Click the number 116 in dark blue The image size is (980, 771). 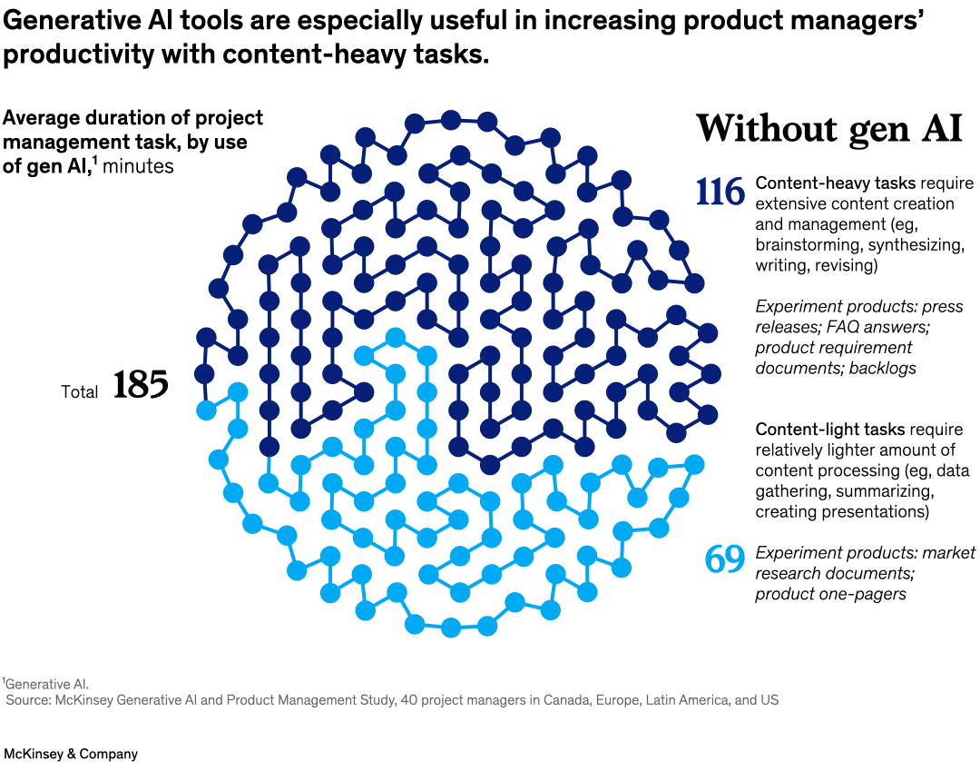point(720,192)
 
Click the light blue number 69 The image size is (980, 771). point(725,560)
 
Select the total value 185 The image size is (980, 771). point(141,385)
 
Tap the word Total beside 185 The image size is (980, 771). point(80,392)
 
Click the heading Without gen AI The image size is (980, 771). point(828,128)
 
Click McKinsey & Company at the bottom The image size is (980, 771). point(71,754)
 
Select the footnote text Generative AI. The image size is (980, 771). point(48,684)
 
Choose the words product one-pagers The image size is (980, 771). point(831,594)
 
